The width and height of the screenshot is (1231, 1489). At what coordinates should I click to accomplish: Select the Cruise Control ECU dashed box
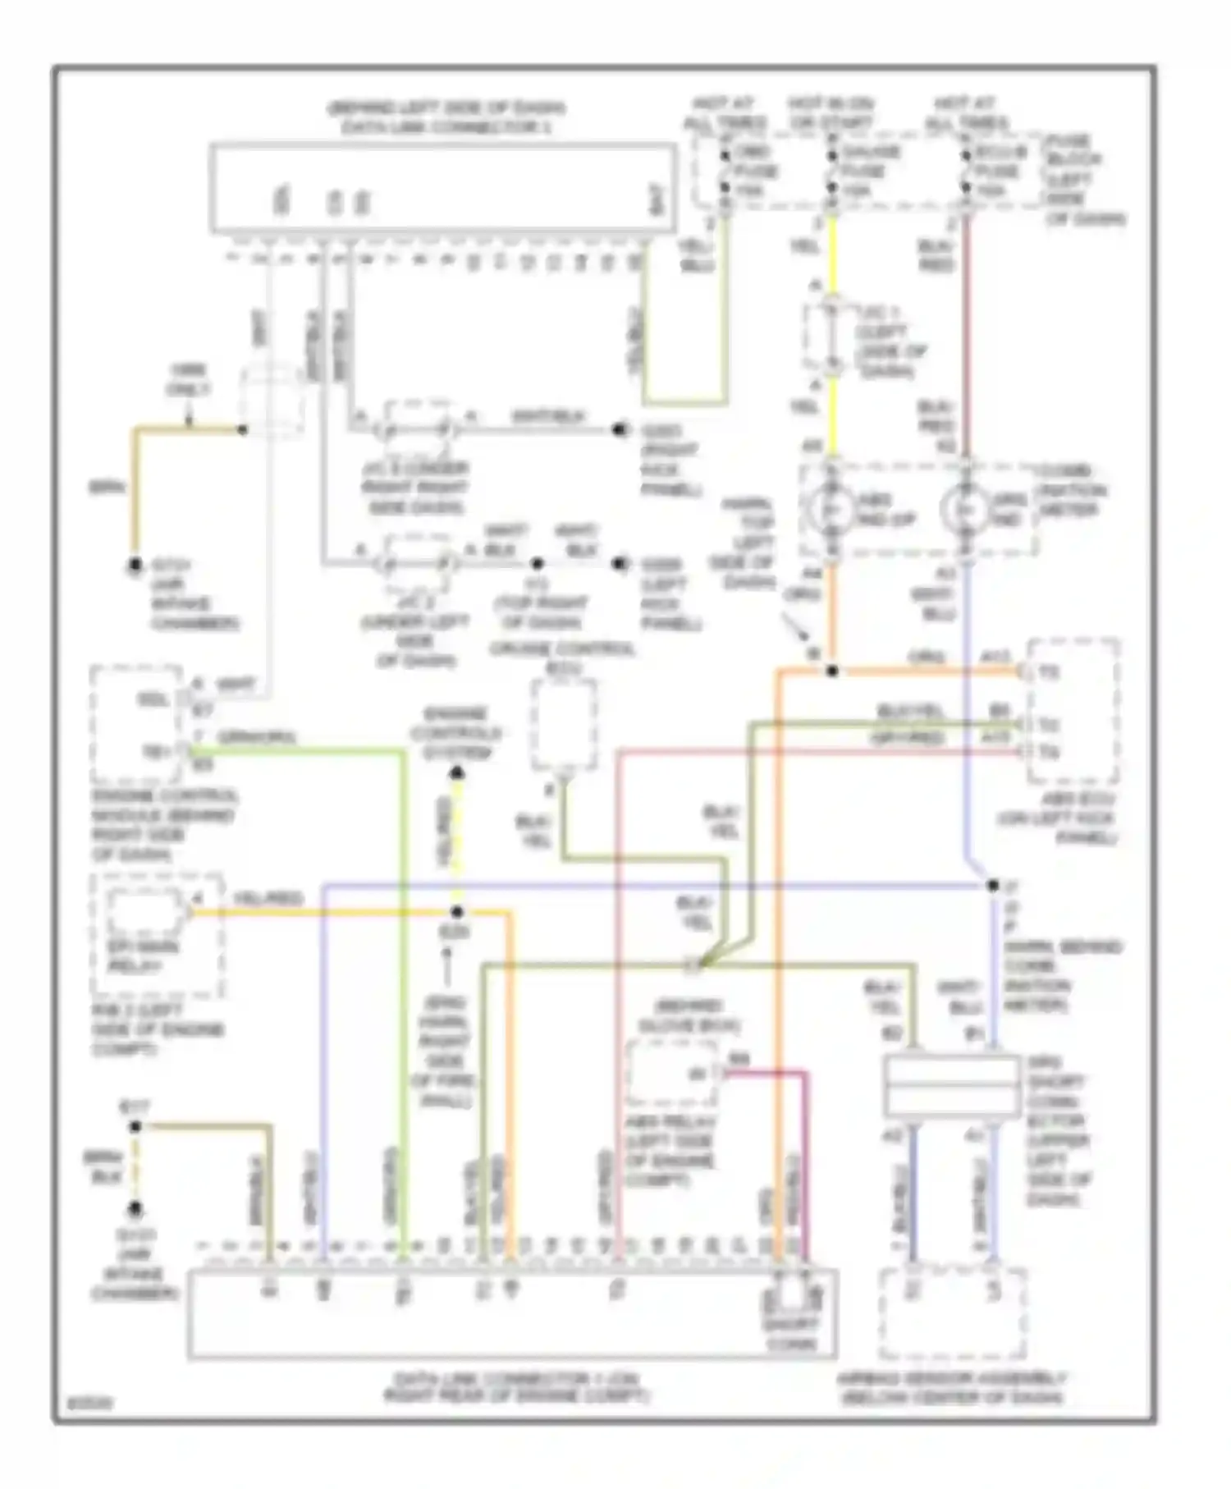tap(564, 726)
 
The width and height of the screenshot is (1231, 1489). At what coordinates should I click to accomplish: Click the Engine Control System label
tap(456, 733)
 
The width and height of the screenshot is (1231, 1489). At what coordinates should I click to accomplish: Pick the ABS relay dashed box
tap(671, 1073)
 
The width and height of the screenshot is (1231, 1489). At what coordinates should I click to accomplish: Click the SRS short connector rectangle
tap(952, 1085)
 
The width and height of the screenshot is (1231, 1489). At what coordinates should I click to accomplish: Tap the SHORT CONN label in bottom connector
tap(791, 1334)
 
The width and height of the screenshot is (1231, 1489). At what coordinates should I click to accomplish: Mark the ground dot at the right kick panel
tap(620, 429)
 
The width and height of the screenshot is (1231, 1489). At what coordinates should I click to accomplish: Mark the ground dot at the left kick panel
tap(620, 564)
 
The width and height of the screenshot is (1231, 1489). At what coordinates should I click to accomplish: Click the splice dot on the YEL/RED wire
tap(457, 912)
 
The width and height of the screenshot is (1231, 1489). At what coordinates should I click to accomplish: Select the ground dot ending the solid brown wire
tap(135, 566)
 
